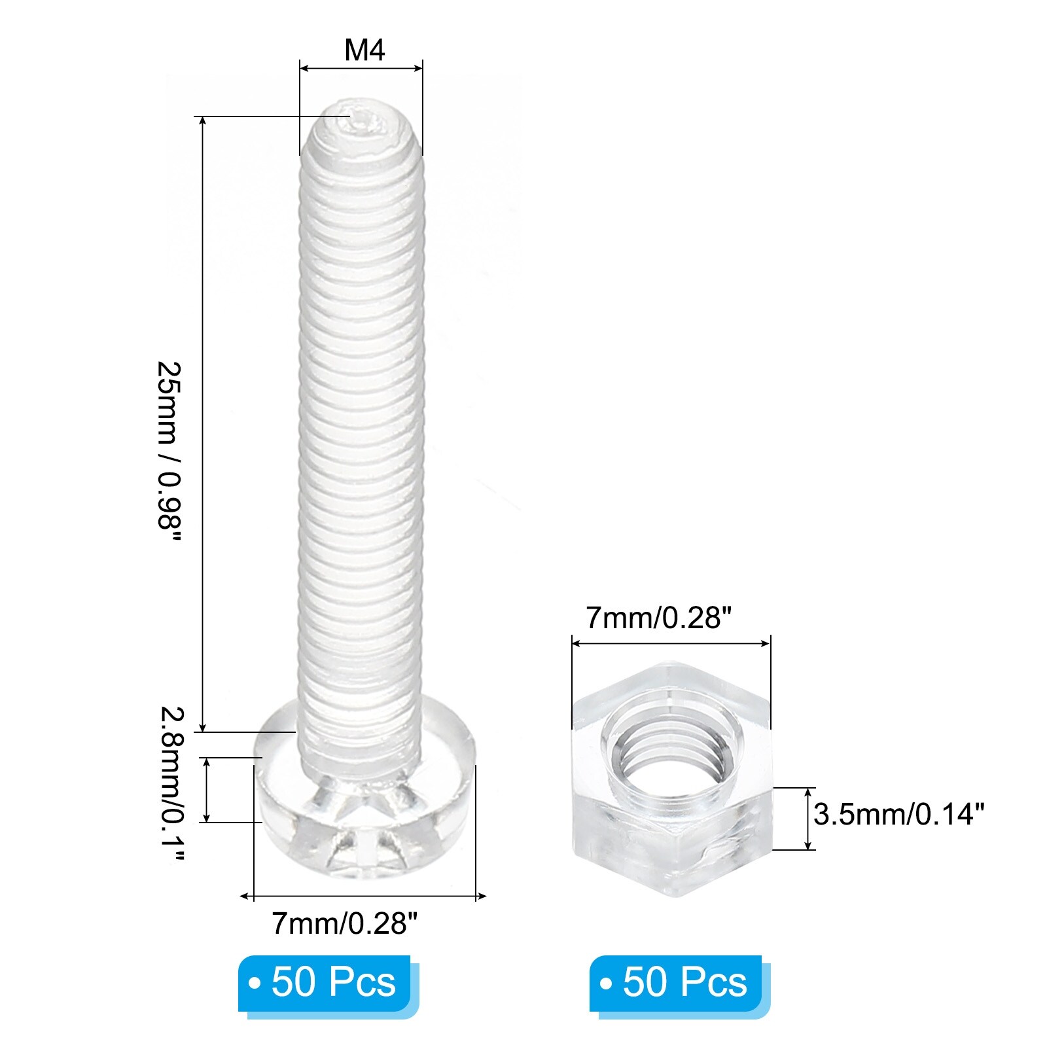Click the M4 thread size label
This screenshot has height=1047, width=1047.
[x=364, y=50]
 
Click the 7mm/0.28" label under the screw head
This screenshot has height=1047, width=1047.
[x=344, y=923]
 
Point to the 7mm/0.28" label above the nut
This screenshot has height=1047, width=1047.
[x=658, y=618]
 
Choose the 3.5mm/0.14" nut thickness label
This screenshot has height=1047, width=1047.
[x=899, y=815]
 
